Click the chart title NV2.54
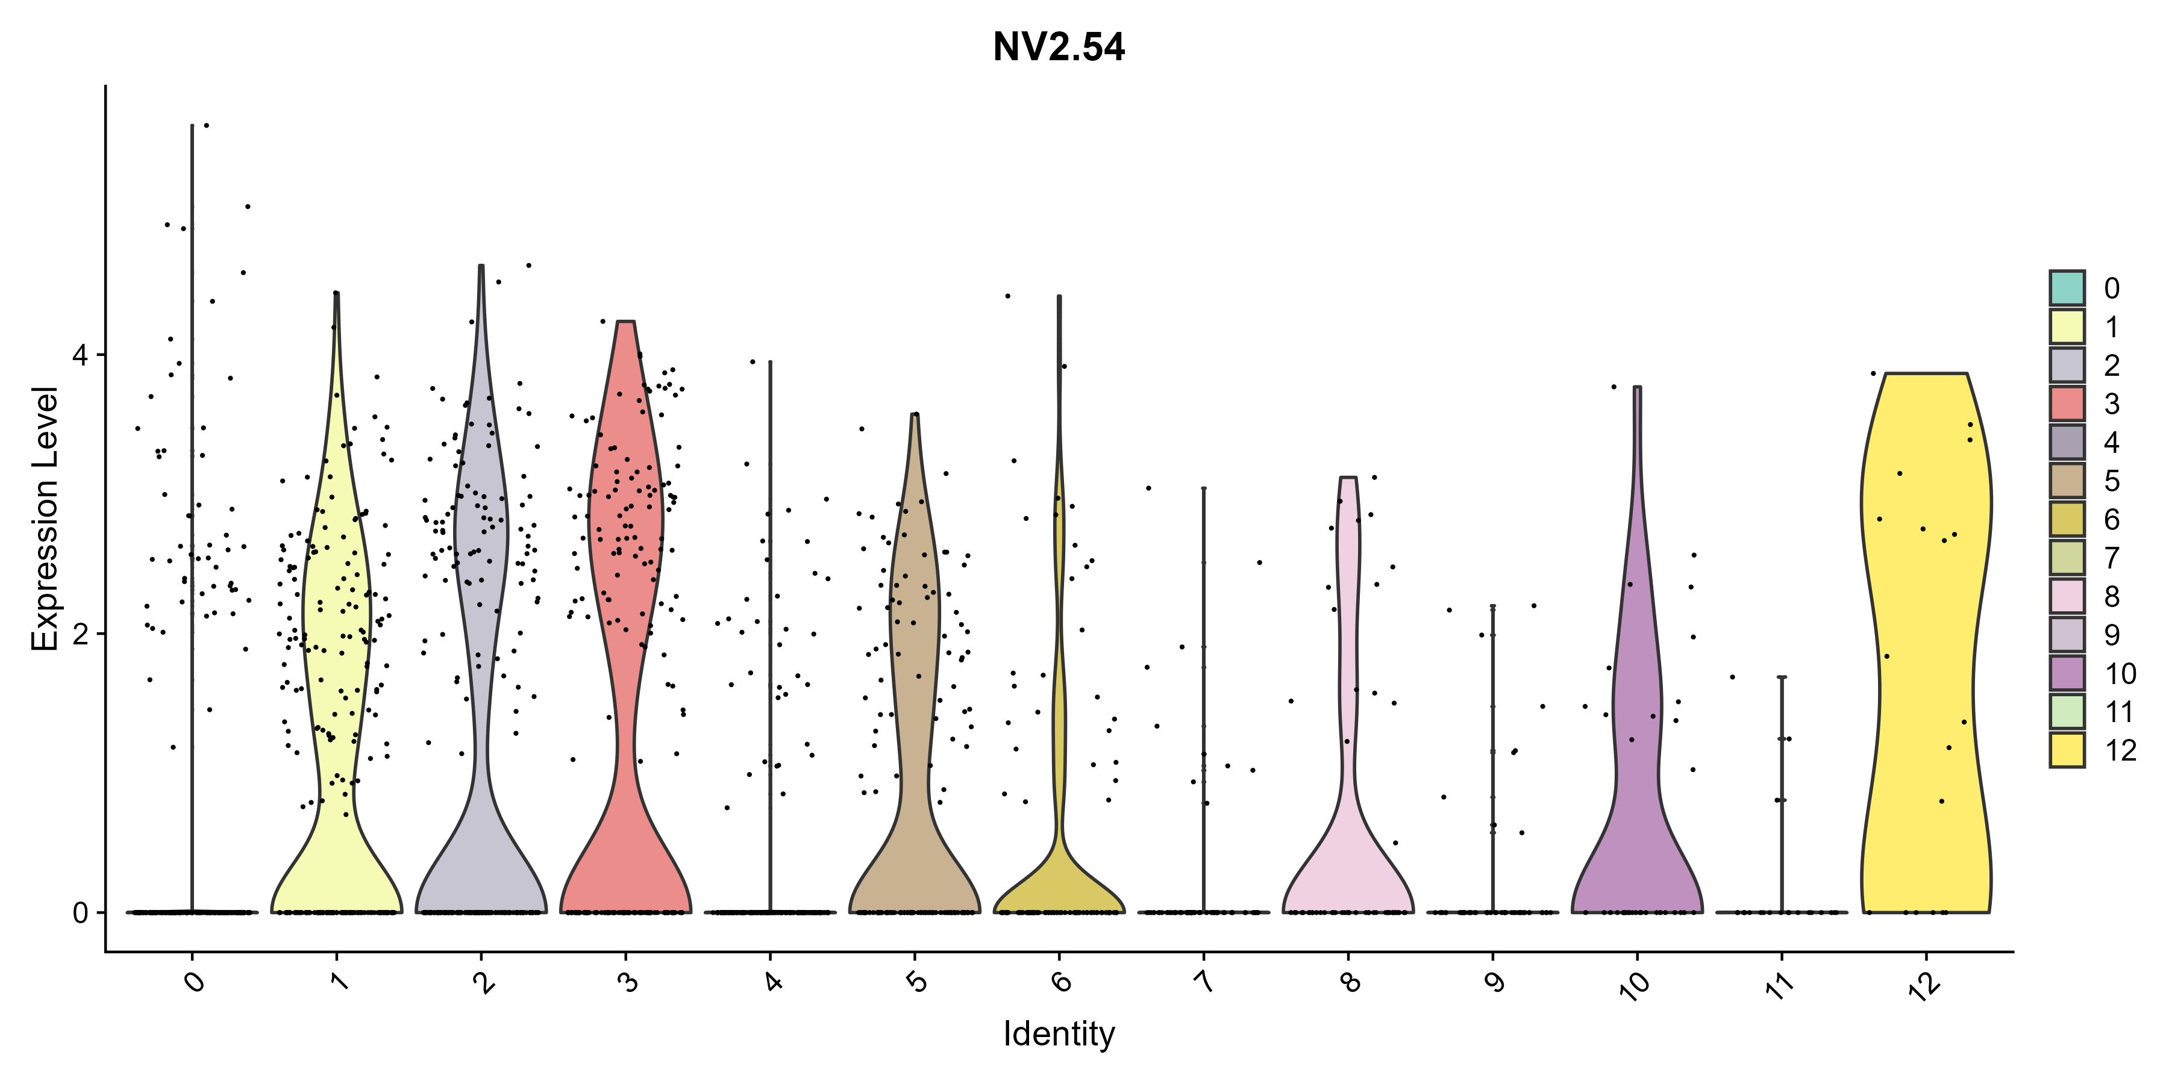1059,47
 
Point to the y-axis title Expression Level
45,519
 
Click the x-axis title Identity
1059,1033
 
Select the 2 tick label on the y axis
80,634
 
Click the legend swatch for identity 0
2067,288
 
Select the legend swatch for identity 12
2067,750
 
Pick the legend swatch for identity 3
2067,403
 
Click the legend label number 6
2112,519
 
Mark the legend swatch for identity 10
2067,673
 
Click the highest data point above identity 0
206,125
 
